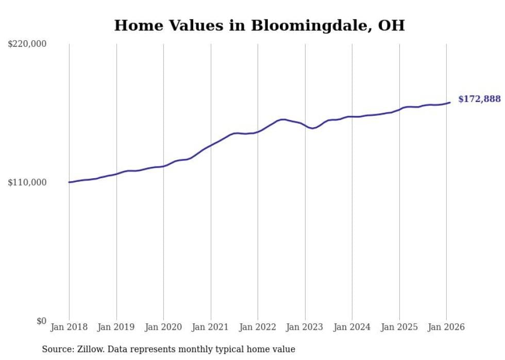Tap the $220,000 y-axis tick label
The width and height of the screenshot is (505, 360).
27,44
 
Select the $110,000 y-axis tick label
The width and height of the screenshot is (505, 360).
27,182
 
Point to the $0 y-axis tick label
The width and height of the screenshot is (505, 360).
41,321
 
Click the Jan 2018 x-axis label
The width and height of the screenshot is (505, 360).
69,327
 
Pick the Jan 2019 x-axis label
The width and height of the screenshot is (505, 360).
116,327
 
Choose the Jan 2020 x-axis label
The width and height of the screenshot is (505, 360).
163,327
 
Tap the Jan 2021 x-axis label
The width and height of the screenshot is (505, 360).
211,327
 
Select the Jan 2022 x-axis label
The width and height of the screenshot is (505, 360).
258,327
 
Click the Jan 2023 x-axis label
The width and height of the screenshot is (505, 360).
305,327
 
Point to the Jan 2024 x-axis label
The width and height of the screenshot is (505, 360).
352,327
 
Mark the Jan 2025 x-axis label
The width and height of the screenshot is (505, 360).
399,327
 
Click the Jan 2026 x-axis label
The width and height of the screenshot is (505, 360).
446,327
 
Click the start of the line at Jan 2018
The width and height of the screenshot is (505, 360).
69,182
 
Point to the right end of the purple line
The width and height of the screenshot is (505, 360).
450,102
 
